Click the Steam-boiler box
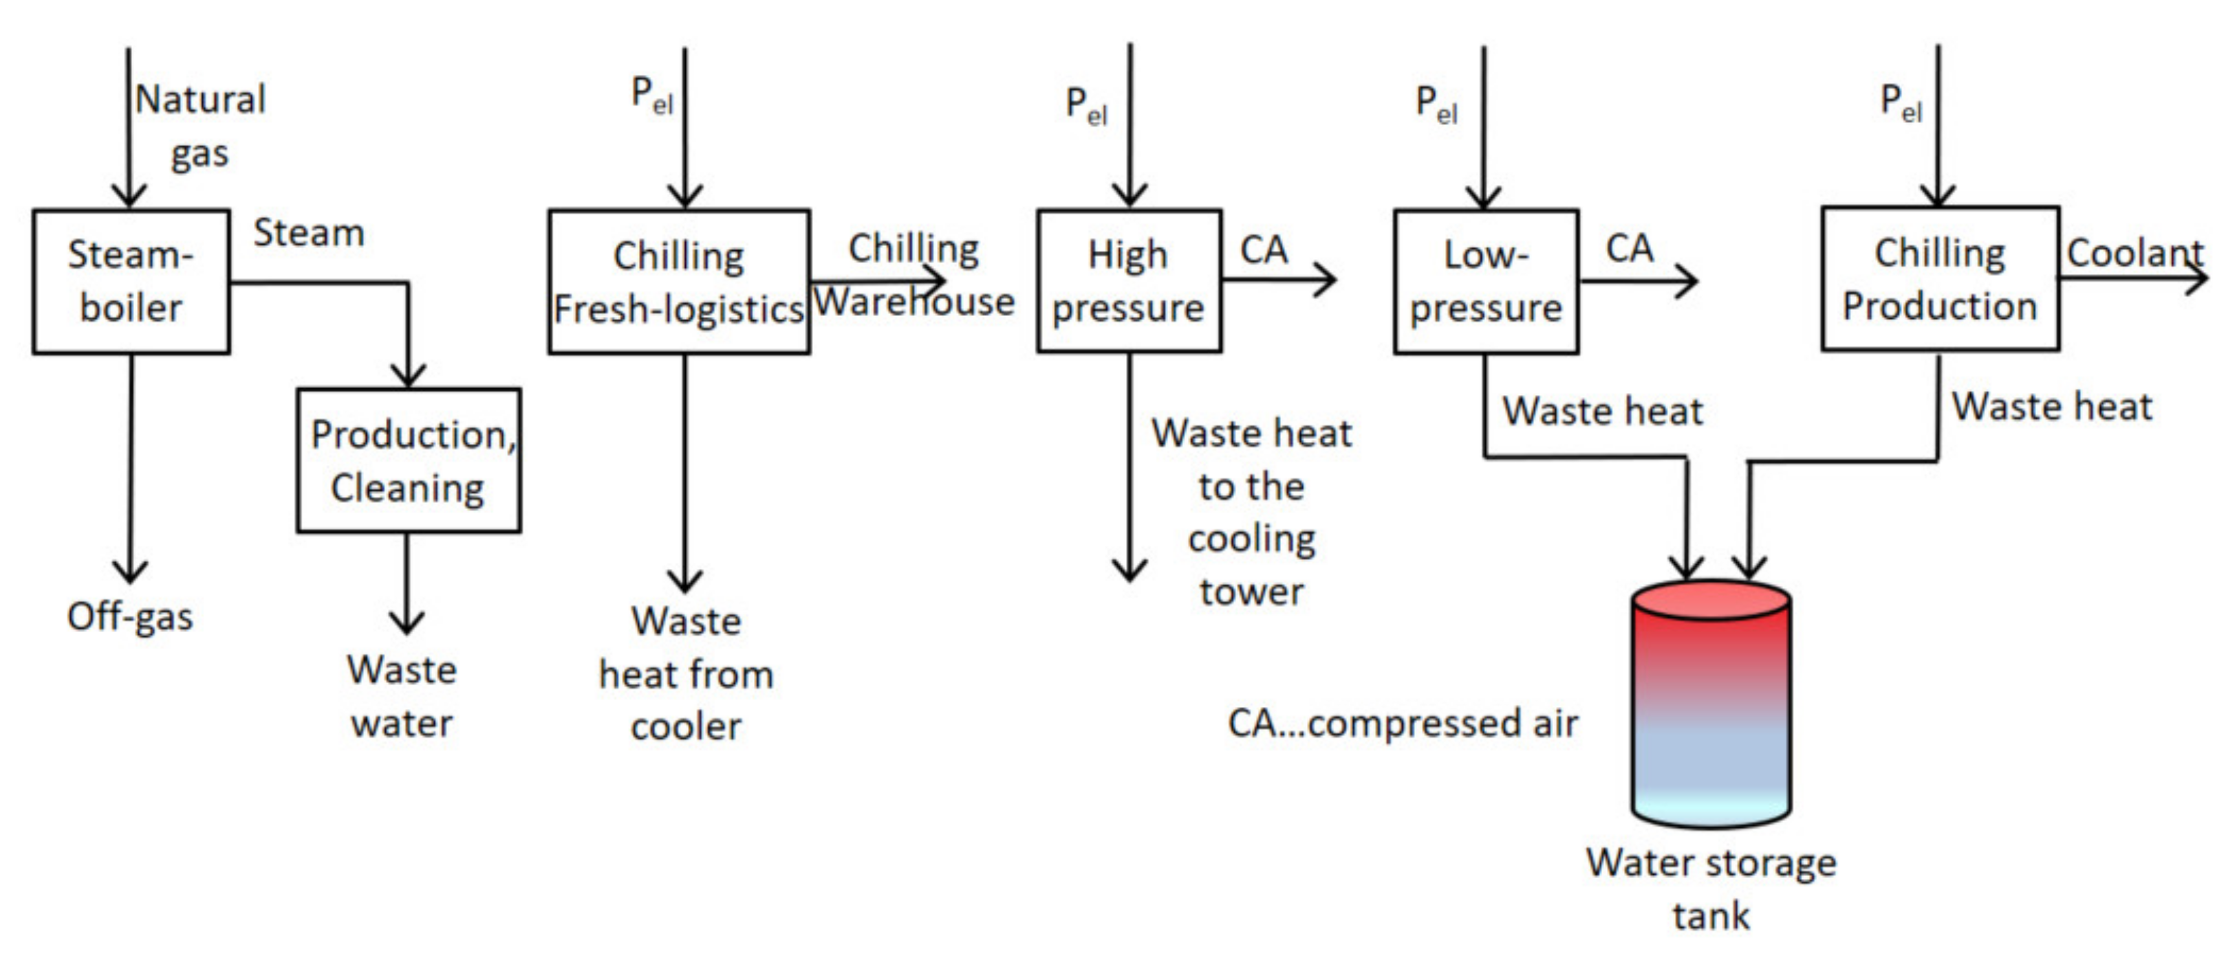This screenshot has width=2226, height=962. pos(131,282)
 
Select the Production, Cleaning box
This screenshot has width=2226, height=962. pos(409,460)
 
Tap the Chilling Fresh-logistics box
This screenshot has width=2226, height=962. pos(679,282)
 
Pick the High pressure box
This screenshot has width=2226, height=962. pos(1129,282)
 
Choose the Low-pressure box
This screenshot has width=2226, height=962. pos(1485,282)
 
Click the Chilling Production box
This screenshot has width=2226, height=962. pos(1940,279)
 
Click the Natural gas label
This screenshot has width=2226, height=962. pos(200,126)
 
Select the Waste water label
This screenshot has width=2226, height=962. pos(402,696)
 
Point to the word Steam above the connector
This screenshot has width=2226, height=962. pos(308,233)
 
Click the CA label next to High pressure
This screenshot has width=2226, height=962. pos(1264,250)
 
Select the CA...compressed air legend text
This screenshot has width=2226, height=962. pos(1402,723)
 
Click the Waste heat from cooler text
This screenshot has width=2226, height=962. pos(686,673)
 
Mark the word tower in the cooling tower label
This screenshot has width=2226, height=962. pos(1251,592)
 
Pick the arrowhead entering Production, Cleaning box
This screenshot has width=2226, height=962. pos(408,377)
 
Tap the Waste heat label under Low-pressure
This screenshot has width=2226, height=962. pos(1602,411)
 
